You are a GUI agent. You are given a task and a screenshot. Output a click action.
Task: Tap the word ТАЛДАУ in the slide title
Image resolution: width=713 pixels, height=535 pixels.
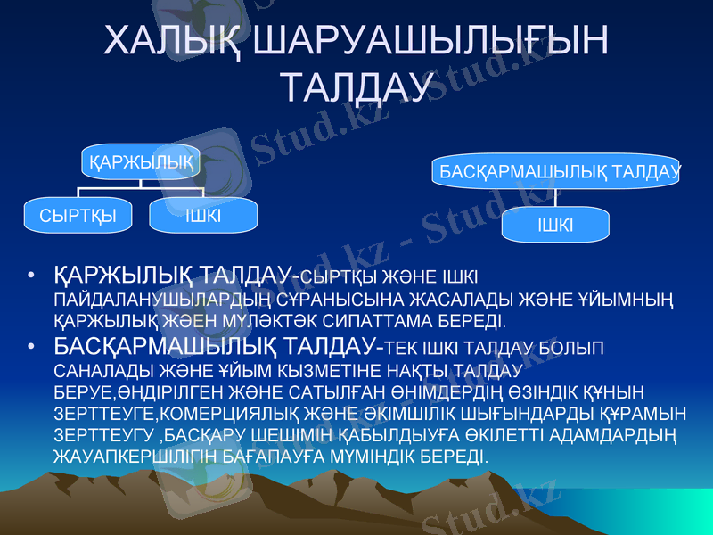pos(356,87)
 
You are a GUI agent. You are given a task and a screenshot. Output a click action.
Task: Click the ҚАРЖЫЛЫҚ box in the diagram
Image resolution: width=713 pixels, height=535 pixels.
pos(141,162)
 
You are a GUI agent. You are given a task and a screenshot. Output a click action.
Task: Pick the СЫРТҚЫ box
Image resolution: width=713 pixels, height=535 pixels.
pos(78,215)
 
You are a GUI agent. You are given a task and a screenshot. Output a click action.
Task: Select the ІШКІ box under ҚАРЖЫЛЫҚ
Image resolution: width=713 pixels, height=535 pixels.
pos(203,215)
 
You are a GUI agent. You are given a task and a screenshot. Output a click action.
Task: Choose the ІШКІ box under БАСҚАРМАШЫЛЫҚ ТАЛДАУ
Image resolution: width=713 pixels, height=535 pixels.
pos(556,225)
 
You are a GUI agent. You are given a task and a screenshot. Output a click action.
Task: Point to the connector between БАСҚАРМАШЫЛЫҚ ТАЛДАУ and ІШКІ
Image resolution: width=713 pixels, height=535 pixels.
pos(556,197)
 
